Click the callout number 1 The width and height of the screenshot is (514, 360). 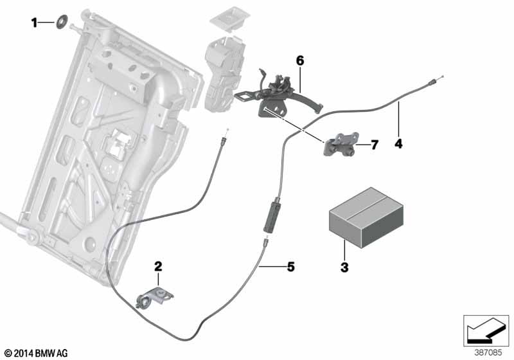pos(34,22)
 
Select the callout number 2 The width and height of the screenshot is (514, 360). pos(158,266)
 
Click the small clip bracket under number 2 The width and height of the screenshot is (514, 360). pos(154,297)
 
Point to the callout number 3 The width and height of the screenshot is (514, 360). pos(344,267)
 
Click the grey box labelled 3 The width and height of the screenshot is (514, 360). pos(366,217)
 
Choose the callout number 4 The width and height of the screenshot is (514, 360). pos(398,143)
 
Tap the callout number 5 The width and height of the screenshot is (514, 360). pos(290,267)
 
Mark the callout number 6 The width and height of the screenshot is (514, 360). pos(300,60)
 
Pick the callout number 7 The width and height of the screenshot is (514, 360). pos(375,145)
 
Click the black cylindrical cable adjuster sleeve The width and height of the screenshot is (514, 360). pos(271,217)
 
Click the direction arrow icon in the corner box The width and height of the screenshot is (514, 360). pos(486,330)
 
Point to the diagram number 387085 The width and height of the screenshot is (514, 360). pos(488,353)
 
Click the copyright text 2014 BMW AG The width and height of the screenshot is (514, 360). pos(37,353)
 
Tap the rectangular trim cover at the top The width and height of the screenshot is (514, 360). pos(229,19)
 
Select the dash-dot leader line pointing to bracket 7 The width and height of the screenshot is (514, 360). pos(293,125)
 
